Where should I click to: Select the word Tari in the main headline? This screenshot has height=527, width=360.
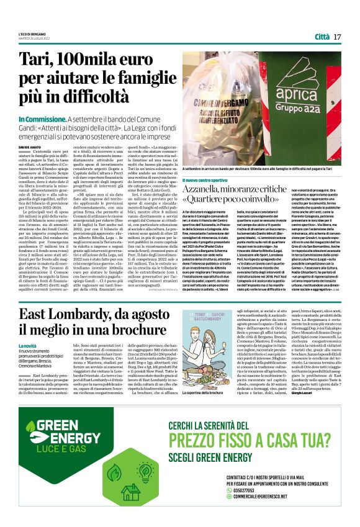(38, 61)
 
